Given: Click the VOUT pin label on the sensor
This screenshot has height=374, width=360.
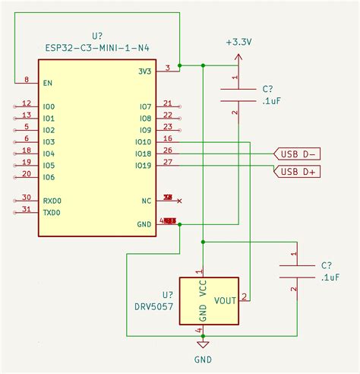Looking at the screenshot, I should (x=225, y=301).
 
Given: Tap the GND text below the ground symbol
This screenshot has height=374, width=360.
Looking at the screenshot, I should (x=203, y=360).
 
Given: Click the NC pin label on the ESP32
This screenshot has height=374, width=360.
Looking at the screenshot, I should (x=146, y=201).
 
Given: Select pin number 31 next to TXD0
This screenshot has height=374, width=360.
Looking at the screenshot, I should (x=27, y=209).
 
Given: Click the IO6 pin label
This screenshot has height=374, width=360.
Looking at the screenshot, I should (x=49, y=177).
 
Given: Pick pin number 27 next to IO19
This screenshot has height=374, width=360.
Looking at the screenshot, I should (x=167, y=162).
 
